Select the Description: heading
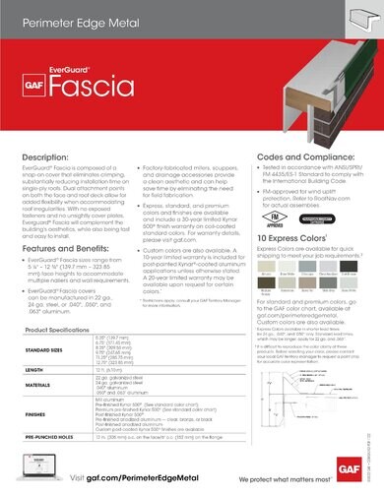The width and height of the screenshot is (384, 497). pos(43,156)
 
